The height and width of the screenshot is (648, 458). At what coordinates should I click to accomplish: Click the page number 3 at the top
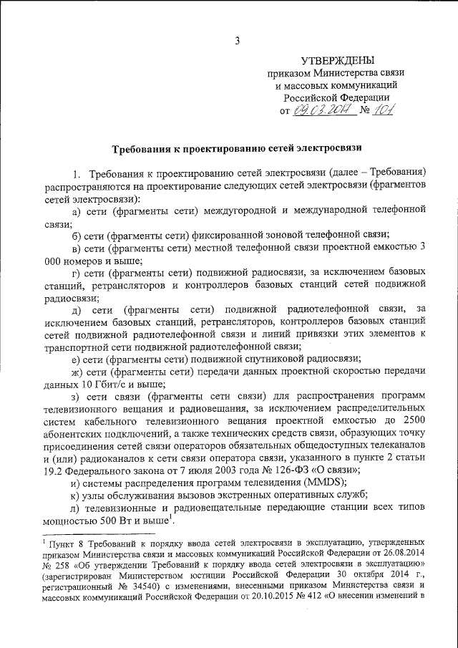pyautogui.click(x=236, y=39)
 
